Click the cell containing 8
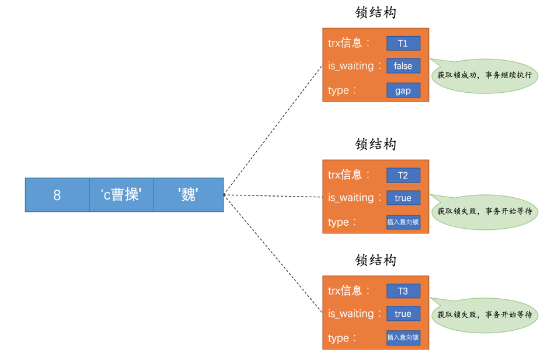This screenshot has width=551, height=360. (57, 195)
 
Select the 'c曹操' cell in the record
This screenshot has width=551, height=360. (121, 195)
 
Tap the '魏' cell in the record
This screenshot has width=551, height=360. (189, 195)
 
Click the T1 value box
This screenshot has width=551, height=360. (403, 43)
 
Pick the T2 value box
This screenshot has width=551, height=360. (403, 175)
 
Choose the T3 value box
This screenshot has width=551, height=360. (403, 291)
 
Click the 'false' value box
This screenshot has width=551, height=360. (403, 66)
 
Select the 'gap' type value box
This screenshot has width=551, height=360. (403, 90)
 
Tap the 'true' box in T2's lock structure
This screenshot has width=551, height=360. (403, 198)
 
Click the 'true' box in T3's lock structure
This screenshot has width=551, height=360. (403, 314)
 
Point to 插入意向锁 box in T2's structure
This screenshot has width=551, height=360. (403, 222)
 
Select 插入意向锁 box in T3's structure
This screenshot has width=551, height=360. (403, 338)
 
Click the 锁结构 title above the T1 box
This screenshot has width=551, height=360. (375, 12)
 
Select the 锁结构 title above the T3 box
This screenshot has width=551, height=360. (375, 260)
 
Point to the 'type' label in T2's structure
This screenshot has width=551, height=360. (339, 222)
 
